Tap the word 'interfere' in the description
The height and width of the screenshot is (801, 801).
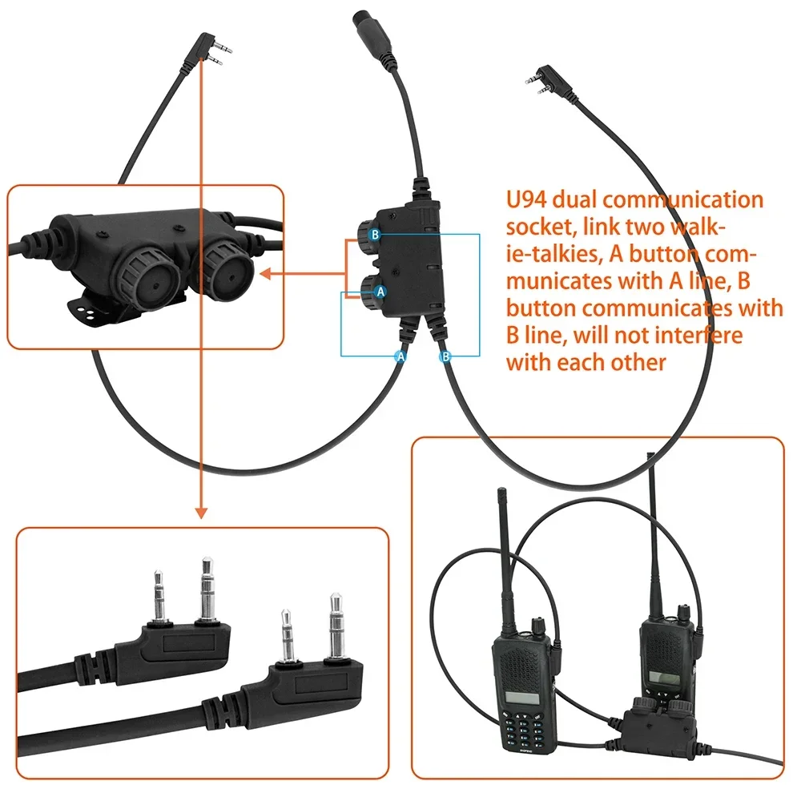pos(703,335)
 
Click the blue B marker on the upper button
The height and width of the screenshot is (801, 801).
pos(374,235)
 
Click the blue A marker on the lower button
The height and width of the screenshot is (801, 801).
pos(380,292)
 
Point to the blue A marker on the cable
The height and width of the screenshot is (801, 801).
pos(401,356)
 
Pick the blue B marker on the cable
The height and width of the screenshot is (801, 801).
pos(446,356)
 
